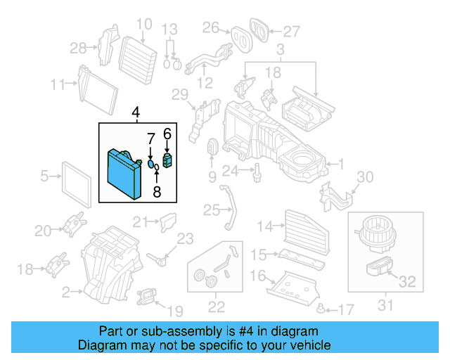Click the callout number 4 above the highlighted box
(x=136, y=112)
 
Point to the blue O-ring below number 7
(x=150, y=164)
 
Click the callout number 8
(x=156, y=190)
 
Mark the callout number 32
(x=407, y=283)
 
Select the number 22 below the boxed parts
(x=216, y=306)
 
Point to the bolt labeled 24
(x=258, y=169)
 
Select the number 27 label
(x=291, y=30)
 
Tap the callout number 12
(x=205, y=83)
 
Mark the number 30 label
(x=366, y=177)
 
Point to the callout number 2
(x=65, y=291)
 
